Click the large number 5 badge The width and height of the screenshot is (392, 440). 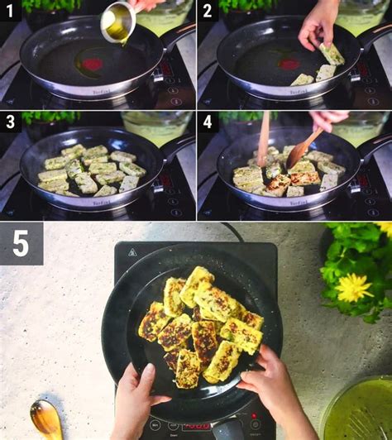(21, 243)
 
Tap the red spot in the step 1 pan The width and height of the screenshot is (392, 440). (92, 64)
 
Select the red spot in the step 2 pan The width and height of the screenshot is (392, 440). (289, 63)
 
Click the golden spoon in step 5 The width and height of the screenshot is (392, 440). (45, 418)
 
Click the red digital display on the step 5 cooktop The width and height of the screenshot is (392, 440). (254, 416)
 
